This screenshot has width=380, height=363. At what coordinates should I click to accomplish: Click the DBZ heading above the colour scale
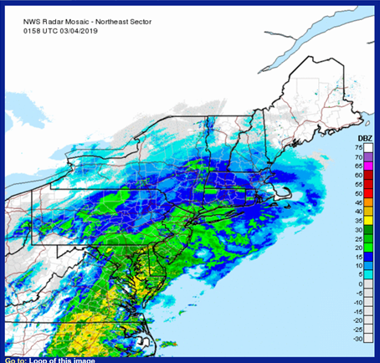click(365, 138)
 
